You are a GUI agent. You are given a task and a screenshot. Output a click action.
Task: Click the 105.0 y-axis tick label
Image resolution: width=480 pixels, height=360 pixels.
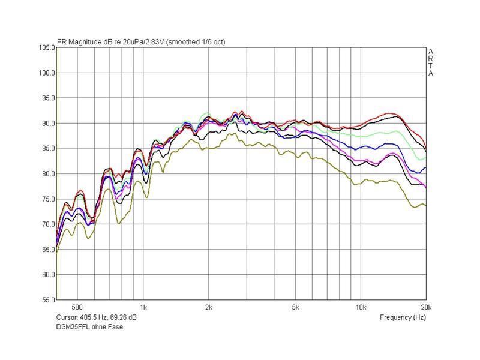point(46,47)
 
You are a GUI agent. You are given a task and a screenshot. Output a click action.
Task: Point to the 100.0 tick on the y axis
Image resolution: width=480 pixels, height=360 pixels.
point(46,73)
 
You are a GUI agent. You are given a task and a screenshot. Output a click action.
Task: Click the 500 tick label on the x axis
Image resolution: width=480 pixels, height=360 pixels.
point(77,307)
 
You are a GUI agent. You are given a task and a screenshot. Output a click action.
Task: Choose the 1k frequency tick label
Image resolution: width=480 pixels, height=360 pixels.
point(143,307)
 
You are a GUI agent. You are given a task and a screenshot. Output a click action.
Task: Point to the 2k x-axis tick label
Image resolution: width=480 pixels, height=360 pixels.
point(208,307)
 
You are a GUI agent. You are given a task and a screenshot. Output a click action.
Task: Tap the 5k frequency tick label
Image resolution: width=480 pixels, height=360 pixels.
point(295,307)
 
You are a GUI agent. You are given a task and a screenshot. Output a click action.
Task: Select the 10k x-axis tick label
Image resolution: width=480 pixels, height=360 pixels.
point(361,307)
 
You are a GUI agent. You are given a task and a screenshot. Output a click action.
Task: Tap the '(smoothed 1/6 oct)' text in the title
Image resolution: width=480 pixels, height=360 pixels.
point(196,41)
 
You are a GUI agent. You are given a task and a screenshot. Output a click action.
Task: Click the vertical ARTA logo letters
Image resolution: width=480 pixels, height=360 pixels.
point(430,62)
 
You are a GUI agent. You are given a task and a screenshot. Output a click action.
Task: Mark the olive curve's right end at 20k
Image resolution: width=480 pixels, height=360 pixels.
point(425,205)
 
